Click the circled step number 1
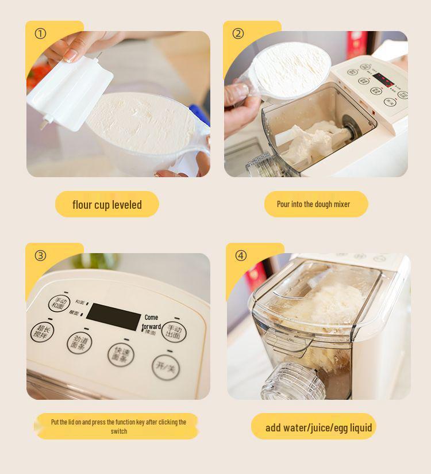coord(40,33)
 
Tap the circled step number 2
coord(238,33)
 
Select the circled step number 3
coord(40,255)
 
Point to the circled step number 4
coord(241,255)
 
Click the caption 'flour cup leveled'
coord(107,205)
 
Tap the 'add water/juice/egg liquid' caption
coord(318,427)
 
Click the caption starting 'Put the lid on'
coord(118,426)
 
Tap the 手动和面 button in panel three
coord(58,303)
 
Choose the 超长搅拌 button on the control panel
coord(41,332)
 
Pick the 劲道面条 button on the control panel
coord(79,343)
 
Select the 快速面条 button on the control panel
coord(121,353)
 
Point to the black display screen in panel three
coord(113,317)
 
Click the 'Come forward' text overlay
coord(151,322)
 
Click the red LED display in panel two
coord(383,80)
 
